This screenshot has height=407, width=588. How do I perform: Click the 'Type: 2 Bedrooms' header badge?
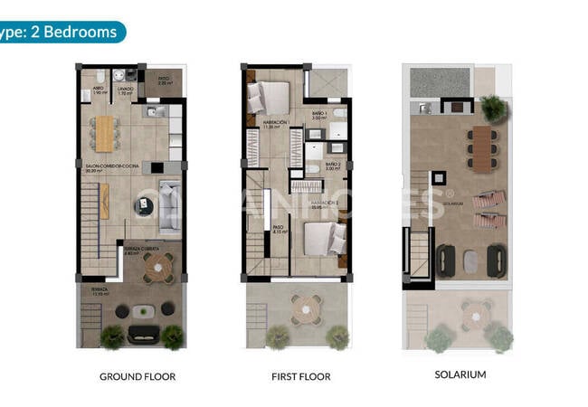coord(60,33)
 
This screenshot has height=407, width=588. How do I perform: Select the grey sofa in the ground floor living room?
coord(167,203)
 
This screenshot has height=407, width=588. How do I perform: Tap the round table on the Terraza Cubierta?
coord(160,266)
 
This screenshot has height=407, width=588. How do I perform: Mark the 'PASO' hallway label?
coord(280,229)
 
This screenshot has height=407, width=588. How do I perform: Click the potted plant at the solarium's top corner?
coord(493,109)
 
